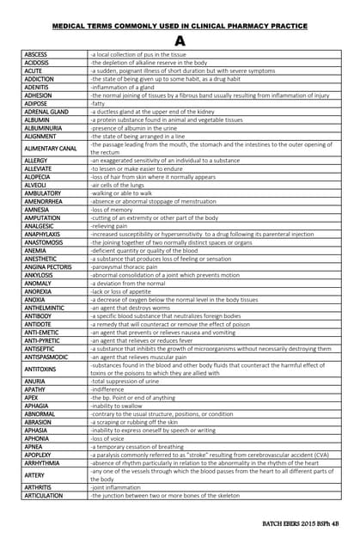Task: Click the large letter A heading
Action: [180, 40]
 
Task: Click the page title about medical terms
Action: [180, 27]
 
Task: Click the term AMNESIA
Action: [38, 210]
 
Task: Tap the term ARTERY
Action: [34, 474]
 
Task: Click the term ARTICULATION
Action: [44, 496]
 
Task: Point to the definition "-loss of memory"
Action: [113, 210]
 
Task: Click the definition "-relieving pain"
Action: [110, 226]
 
